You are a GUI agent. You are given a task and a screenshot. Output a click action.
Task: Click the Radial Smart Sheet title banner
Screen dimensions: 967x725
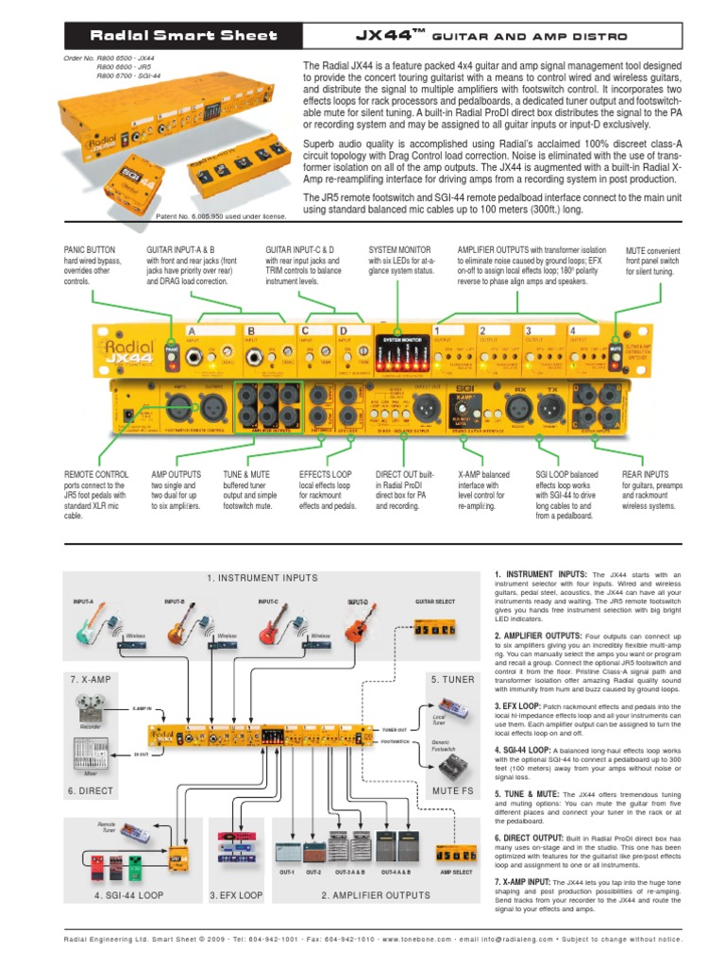183,36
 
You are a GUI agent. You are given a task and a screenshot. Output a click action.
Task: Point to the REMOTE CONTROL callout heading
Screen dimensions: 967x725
96,475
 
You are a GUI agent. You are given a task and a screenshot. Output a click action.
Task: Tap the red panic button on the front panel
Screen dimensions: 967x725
171,349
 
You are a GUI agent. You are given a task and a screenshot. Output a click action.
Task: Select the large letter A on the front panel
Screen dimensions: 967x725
191,331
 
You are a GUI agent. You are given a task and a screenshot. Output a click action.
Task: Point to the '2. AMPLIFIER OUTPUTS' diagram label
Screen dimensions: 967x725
375,894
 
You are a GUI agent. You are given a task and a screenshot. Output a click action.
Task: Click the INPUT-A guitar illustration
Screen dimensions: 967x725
95,624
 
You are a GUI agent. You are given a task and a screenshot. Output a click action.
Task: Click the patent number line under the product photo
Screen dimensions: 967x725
225,217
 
